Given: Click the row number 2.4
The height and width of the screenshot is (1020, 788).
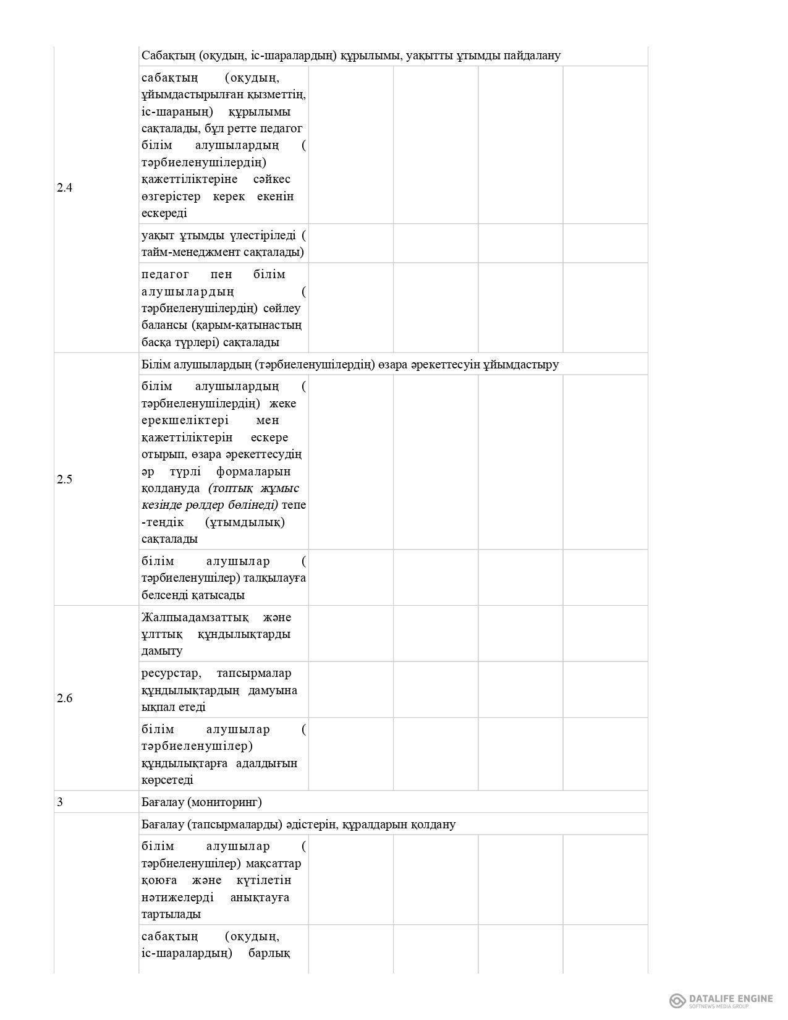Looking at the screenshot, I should [64, 188].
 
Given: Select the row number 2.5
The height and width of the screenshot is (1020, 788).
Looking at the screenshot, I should [64, 479].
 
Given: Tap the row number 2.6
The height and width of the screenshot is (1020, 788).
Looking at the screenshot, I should [64, 699].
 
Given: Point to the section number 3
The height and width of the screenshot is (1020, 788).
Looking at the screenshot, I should [60, 802].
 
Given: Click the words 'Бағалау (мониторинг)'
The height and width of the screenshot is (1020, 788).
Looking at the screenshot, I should [201, 802].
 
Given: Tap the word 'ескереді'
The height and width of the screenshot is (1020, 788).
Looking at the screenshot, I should [164, 213].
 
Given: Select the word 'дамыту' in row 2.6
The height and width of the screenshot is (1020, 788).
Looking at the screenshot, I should [162, 651].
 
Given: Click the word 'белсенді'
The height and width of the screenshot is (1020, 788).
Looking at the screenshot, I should [164, 595].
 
